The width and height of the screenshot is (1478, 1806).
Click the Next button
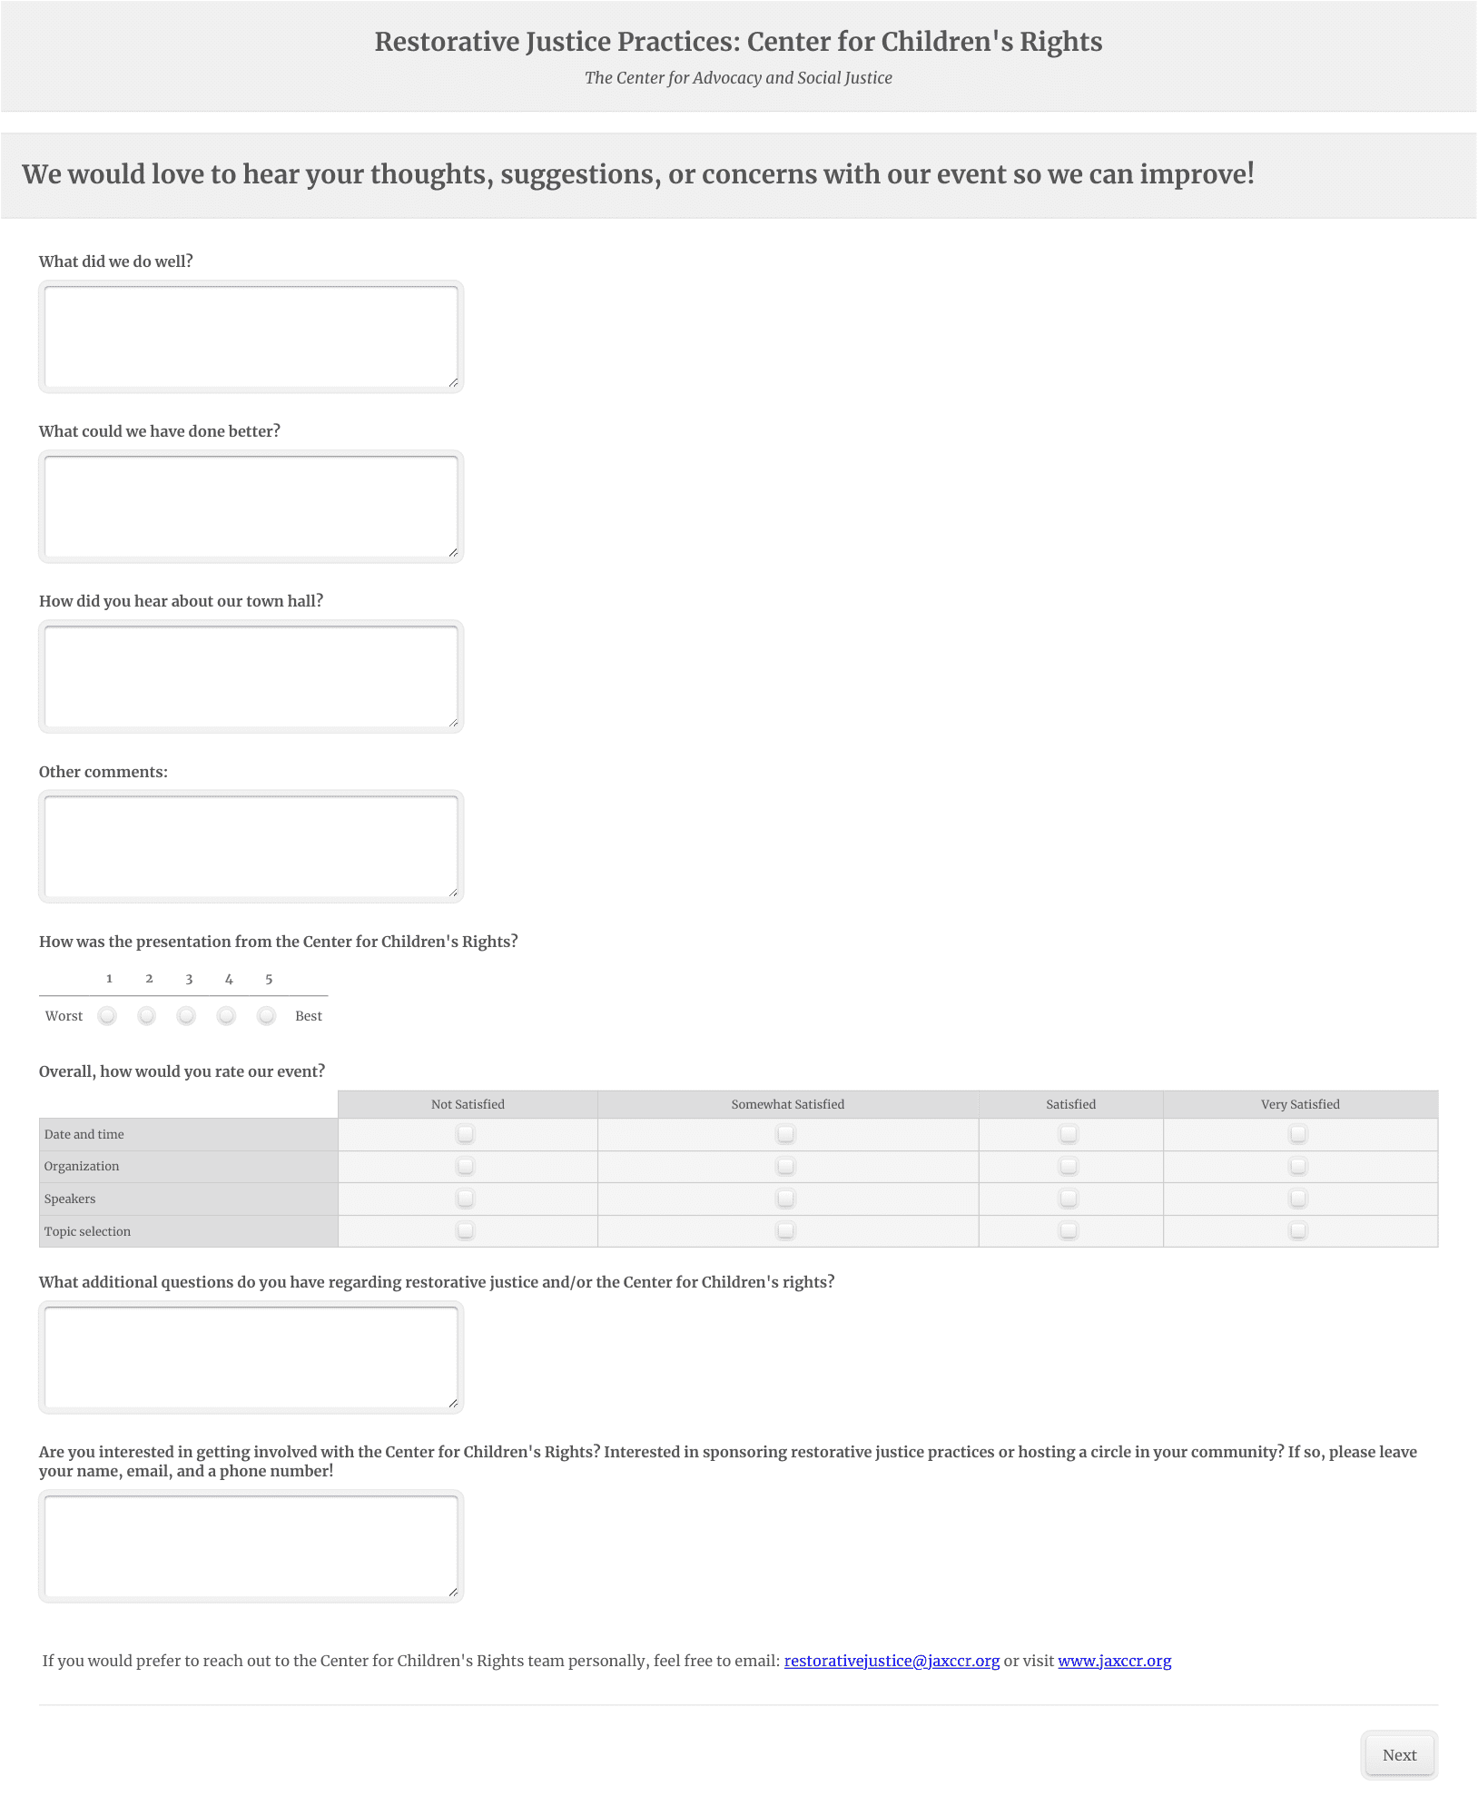[x=1399, y=1755]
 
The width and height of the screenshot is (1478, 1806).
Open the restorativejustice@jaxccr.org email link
[x=892, y=1661]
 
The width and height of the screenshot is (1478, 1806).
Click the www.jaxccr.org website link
[x=1114, y=1661]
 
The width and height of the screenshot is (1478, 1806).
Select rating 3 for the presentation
[x=186, y=1015]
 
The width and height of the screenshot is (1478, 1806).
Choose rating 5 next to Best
[x=266, y=1015]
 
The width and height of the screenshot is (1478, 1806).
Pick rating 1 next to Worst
[x=107, y=1015]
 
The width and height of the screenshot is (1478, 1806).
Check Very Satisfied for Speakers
[x=1298, y=1199]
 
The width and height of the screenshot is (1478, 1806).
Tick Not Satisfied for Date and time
[x=466, y=1133]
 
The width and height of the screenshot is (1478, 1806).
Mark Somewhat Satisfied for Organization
[x=786, y=1166]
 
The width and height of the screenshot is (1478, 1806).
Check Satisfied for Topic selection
[x=1069, y=1230]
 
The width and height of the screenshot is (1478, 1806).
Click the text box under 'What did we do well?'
[x=251, y=337]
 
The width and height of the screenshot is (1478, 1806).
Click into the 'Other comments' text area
[x=251, y=846]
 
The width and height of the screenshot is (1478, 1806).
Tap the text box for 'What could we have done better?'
[x=251, y=507]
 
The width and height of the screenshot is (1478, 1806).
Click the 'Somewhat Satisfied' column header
[x=787, y=1104]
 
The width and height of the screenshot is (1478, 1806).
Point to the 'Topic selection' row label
[x=87, y=1231]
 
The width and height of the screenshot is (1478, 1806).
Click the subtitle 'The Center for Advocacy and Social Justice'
[x=738, y=78]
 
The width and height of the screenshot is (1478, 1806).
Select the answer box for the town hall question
[x=251, y=676]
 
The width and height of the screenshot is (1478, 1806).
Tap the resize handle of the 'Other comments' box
[x=453, y=892]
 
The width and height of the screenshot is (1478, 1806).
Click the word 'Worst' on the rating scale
[x=64, y=1016]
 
